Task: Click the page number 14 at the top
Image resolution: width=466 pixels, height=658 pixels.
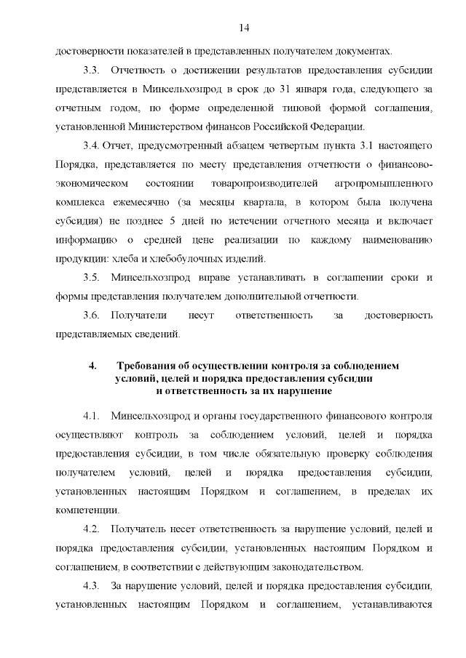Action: (x=244, y=27)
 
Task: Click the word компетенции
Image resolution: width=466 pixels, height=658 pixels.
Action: (x=87, y=510)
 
